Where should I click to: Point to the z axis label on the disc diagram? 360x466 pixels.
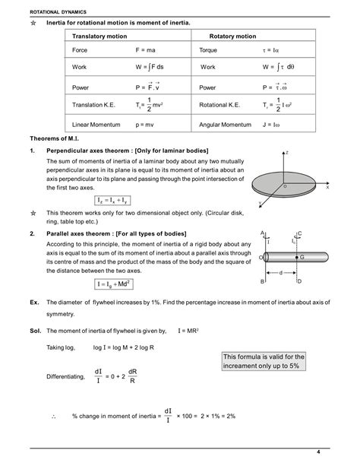(287, 153)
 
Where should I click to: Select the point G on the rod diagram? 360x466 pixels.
(302, 258)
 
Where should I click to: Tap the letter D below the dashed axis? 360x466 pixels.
(299, 281)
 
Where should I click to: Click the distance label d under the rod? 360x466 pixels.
(281, 271)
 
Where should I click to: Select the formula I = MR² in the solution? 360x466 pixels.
(188, 331)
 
